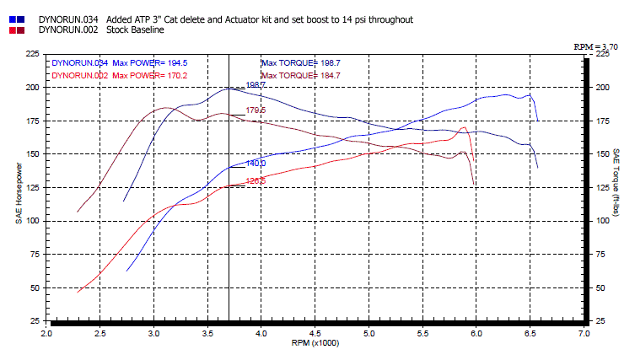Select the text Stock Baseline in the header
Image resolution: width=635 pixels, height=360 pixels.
point(136,30)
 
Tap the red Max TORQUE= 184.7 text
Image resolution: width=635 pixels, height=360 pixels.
point(301,75)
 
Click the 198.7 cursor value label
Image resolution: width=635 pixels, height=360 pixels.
point(256,85)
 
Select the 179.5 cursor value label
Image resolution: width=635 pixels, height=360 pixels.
point(256,110)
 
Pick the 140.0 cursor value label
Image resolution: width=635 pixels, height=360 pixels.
point(256,163)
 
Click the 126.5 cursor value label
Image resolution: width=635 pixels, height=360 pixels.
point(256,180)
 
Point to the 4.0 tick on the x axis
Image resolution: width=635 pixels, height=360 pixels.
point(261,334)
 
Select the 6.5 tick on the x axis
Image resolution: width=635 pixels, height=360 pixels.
point(530,334)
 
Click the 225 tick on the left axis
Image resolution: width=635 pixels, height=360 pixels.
point(32,53)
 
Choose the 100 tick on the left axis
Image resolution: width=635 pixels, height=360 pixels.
point(32,221)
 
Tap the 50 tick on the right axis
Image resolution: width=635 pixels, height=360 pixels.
point(602,287)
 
